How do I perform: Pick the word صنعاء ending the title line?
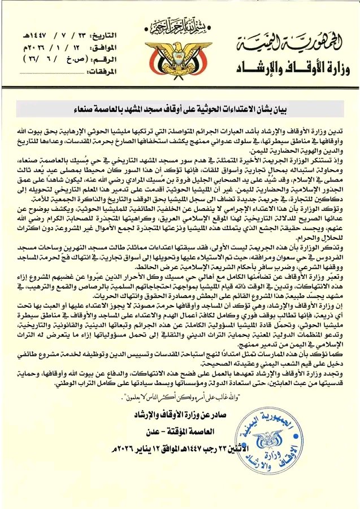point(92,109)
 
